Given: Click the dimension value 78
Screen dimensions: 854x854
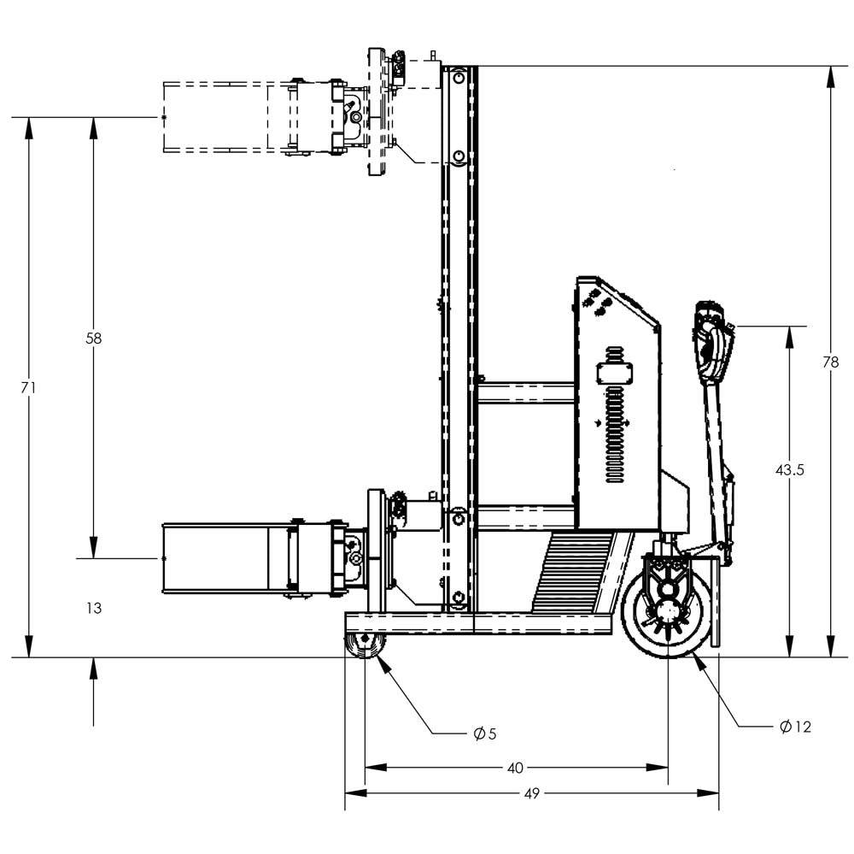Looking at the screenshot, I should click(830, 362).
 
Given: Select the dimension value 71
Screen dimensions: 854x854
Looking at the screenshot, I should click(28, 387).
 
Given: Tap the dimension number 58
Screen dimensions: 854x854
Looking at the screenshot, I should click(94, 338).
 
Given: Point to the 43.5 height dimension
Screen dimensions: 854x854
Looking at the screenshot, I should click(789, 469).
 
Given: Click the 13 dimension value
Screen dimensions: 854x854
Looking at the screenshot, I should click(94, 608).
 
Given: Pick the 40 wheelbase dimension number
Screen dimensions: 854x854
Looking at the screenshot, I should click(514, 768).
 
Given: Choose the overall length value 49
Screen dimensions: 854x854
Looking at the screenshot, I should click(531, 793).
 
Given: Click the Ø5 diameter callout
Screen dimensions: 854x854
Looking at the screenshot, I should click(484, 733).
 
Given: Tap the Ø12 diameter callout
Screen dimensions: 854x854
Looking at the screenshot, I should click(794, 727).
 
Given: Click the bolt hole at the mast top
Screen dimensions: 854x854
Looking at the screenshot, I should click(459, 79).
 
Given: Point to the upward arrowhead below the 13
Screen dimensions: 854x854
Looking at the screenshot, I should click(94, 667).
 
